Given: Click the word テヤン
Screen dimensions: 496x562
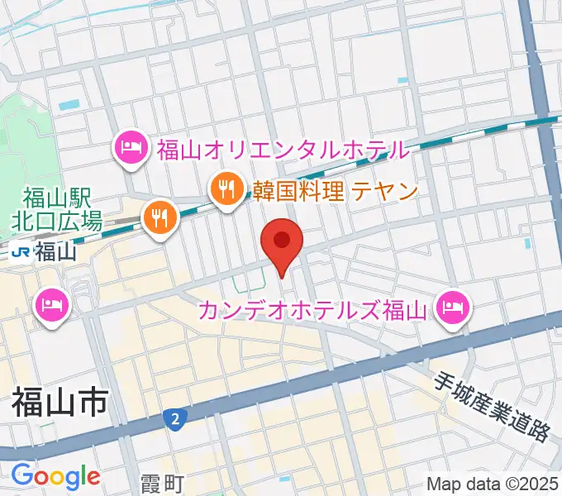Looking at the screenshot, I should (385, 192).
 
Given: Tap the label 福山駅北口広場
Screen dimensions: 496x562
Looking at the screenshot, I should (57, 210).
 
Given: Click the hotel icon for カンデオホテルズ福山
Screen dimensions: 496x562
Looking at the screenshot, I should (453, 310).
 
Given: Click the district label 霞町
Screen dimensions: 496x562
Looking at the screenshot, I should (160, 482).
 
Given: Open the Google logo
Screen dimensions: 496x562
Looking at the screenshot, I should (55, 476).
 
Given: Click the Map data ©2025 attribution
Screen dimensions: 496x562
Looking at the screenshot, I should (491, 483).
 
